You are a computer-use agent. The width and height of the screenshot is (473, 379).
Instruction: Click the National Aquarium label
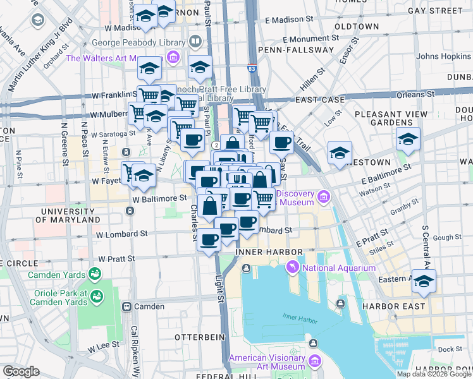click(339, 268)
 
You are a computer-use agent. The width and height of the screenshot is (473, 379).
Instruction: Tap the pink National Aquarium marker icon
click(293, 268)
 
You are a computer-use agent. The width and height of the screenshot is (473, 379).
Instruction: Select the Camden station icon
click(126, 307)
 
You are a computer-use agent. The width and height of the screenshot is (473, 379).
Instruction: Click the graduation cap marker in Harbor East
click(424, 280)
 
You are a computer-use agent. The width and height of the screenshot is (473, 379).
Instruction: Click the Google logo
click(21, 371)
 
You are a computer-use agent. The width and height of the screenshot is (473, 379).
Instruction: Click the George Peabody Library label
click(138, 43)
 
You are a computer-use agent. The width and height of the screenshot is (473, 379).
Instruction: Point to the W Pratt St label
click(117, 259)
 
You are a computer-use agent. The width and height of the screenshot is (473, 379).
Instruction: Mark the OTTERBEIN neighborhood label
click(200, 337)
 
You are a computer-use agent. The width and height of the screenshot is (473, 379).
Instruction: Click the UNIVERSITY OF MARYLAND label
click(70, 215)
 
